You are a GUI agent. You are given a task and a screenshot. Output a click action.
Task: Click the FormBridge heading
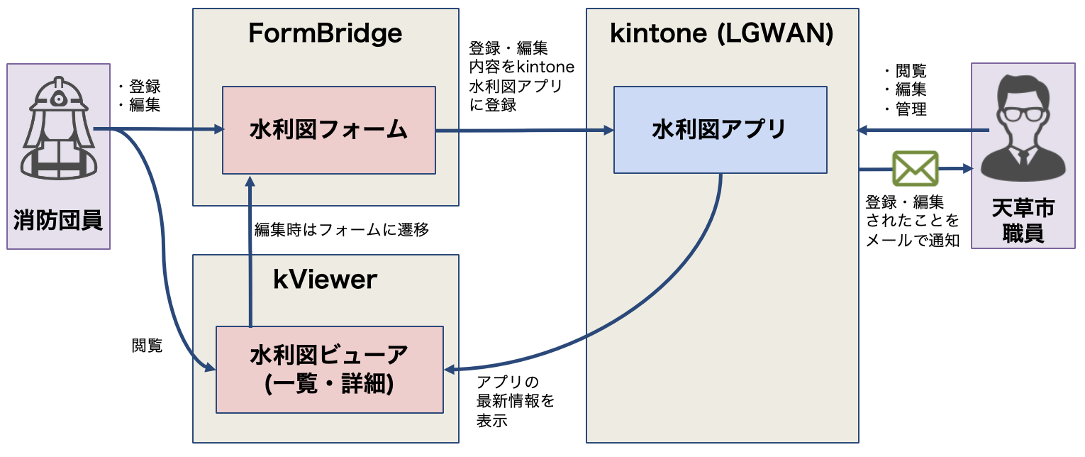(325, 33)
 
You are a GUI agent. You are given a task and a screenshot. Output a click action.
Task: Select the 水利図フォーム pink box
(328, 130)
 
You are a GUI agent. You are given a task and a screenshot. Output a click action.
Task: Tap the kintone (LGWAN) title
(722, 33)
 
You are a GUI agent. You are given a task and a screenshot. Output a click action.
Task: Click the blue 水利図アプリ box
(720, 130)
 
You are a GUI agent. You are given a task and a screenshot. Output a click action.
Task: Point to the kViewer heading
(325, 280)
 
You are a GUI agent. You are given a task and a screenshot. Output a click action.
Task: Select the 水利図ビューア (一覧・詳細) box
(329, 369)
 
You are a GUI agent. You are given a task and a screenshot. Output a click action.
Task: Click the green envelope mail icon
(915, 169)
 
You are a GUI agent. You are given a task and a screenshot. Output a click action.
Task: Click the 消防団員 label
(58, 221)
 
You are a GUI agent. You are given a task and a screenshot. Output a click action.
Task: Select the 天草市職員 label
(1023, 221)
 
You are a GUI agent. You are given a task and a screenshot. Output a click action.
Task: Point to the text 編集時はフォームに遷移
(341, 230)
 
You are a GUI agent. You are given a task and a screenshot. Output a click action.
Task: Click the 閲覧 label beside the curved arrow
(147, 346)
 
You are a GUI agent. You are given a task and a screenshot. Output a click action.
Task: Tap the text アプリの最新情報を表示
(516, 401)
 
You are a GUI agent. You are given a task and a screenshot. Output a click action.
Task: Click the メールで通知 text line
(912, 240)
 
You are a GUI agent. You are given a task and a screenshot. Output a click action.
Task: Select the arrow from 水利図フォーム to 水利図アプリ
(525, 131)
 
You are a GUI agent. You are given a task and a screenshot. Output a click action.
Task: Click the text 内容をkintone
(521, 67)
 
